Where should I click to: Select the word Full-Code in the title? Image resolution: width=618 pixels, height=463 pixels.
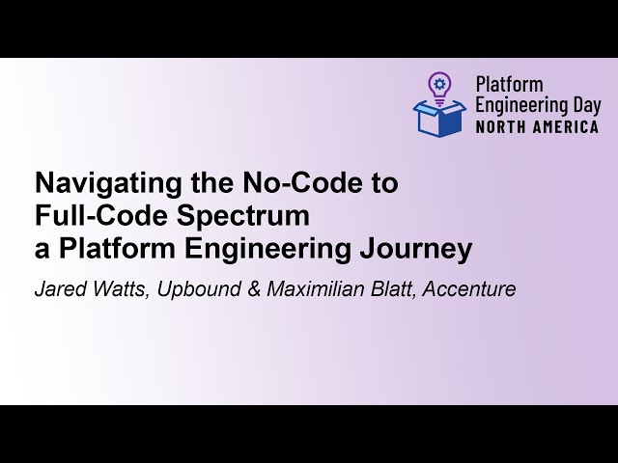point(84,216)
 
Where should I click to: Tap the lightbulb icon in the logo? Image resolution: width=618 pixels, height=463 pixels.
point(439,87)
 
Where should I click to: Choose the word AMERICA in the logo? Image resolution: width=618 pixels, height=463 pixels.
point(564,126)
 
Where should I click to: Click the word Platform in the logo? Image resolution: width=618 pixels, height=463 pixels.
point(509,85)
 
